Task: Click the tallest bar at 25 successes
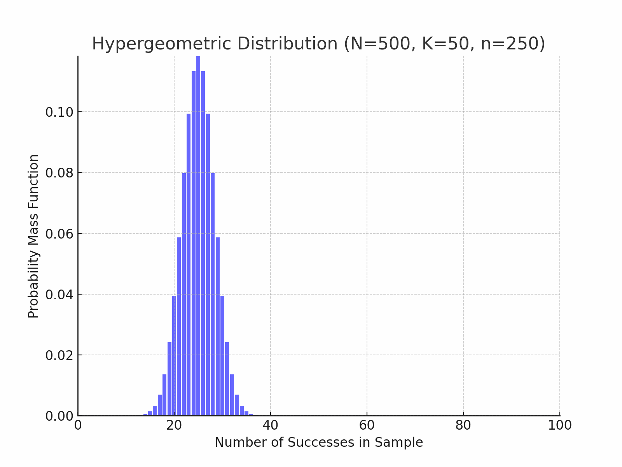click(x=198, y=233)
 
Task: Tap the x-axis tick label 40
click(x=270, y=425)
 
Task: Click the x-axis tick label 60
click(x=367, y=425)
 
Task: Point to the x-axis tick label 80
click(x=463, y=425)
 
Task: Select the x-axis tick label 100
click(x=559, y=425)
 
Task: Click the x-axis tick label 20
click(x=174, y=425)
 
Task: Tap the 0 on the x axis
click(x=78, y=425)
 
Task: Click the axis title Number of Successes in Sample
click(x=319, y=442)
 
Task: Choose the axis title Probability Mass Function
click(x=34, y=236)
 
